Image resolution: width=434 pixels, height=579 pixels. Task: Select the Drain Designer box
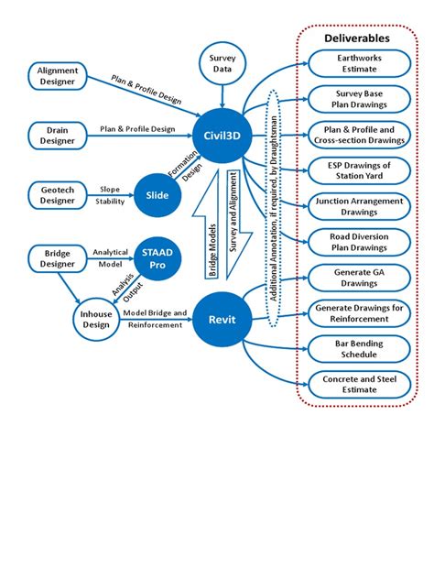point(57,135)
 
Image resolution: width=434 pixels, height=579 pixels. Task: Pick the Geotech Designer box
point(57,193)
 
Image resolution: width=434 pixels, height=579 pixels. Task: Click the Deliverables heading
point(356,38)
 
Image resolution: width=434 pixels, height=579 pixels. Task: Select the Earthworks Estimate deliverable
point(355,63)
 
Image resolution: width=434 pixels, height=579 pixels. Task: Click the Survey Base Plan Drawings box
point(355,98)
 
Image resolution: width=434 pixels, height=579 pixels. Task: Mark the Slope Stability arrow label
point(109,193)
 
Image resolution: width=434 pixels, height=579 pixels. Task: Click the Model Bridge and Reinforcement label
point(157,318)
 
